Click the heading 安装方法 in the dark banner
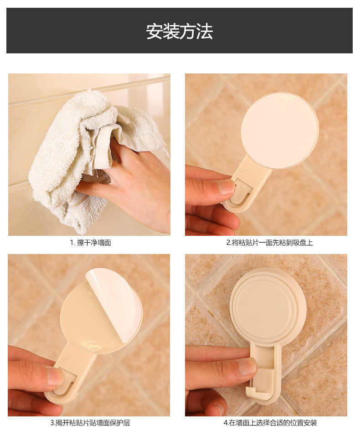[179, 31]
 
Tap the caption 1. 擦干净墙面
[90, 243]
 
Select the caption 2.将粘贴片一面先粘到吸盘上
[269, 243]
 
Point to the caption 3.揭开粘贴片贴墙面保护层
[90, 422]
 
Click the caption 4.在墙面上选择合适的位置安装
[270, 422]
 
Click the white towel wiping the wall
[82, 154]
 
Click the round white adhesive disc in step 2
[279, 130]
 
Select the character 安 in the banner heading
[154, 31]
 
